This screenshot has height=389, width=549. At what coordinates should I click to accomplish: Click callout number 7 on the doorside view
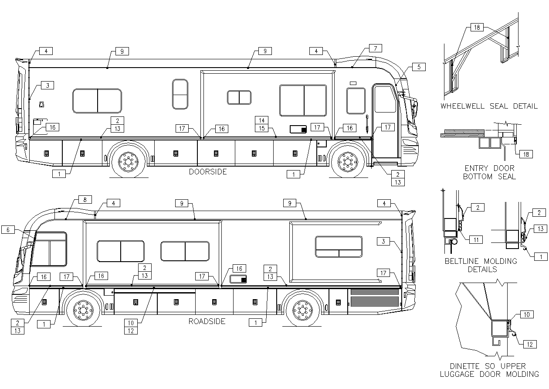[375, 48]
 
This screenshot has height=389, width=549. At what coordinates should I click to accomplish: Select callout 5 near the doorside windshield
[418, 67]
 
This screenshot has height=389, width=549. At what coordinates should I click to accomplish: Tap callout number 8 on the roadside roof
[85, 200]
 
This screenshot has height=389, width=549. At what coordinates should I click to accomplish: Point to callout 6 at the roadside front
[8, 229]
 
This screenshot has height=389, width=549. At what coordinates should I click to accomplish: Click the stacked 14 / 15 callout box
[261, 124]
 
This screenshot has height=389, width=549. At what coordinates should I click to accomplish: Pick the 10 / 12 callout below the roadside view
[131, 327]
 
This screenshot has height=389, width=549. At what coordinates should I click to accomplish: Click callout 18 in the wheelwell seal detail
[477, 27]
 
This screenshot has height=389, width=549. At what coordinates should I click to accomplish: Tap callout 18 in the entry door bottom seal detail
[526, 154]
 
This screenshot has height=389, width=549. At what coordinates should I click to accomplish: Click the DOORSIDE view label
[208, 172]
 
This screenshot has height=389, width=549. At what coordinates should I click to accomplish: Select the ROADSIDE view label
[207, 321]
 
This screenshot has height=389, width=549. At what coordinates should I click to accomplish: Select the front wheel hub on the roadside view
[81, 310]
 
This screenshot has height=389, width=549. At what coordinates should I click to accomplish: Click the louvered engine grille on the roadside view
[374, 300]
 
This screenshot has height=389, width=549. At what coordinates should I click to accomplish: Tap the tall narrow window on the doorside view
[180, 94]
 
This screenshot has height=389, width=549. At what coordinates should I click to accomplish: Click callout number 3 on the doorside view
[47, 85]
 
